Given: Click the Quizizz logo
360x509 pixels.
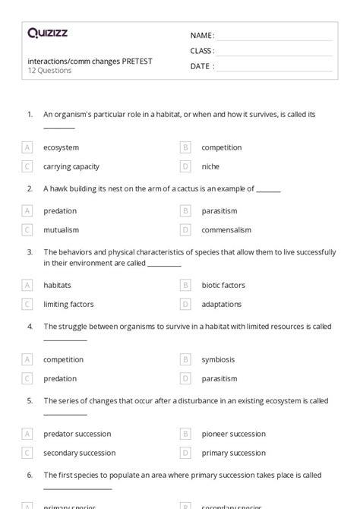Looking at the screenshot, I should pyautogui.click(x=47, y=33).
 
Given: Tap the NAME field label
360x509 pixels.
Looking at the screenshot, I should pyautogui.click(x=201, y=36).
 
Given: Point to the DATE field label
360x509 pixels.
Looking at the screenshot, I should pyautogui.click(x=201, y=66).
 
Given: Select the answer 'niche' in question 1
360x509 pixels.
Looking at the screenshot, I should pyautogui.click(x=210, y=166).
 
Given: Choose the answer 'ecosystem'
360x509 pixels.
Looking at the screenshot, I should pyautogui.click(x=61, y=147).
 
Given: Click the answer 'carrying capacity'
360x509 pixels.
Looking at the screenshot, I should pyautogui.click(x=71, y=166).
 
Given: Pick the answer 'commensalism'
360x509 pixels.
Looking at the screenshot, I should pyautogui.click(x=226, y=229).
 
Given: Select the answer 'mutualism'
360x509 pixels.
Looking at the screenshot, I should pyautogui.click(x=61, y=229).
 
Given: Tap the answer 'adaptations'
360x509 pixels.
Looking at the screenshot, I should pyautogui.click(x=222, y=304).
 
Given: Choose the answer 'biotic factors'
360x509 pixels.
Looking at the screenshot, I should pyautogui.click(x=223, y=285).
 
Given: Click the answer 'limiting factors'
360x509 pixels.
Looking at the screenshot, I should pyautogui.click(x=68, y=304).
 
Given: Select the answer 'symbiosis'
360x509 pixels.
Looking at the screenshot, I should pyautogui.click(x=218, y=359).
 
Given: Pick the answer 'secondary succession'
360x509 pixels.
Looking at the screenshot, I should pyautogui.click(x=79, y=453).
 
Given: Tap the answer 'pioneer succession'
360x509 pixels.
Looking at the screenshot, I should pyautogui.click(x=233, y=434).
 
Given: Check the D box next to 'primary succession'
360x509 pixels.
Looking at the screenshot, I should pyautogui.click(x=185, y=453).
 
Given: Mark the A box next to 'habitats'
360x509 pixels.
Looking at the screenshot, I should pyautogui.click(x=27, y=285).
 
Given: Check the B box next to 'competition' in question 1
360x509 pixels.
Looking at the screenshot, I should pyautogui.click(x=185, y=147).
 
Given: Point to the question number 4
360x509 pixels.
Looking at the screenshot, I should pyautogui.click(x=30, y=327).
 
